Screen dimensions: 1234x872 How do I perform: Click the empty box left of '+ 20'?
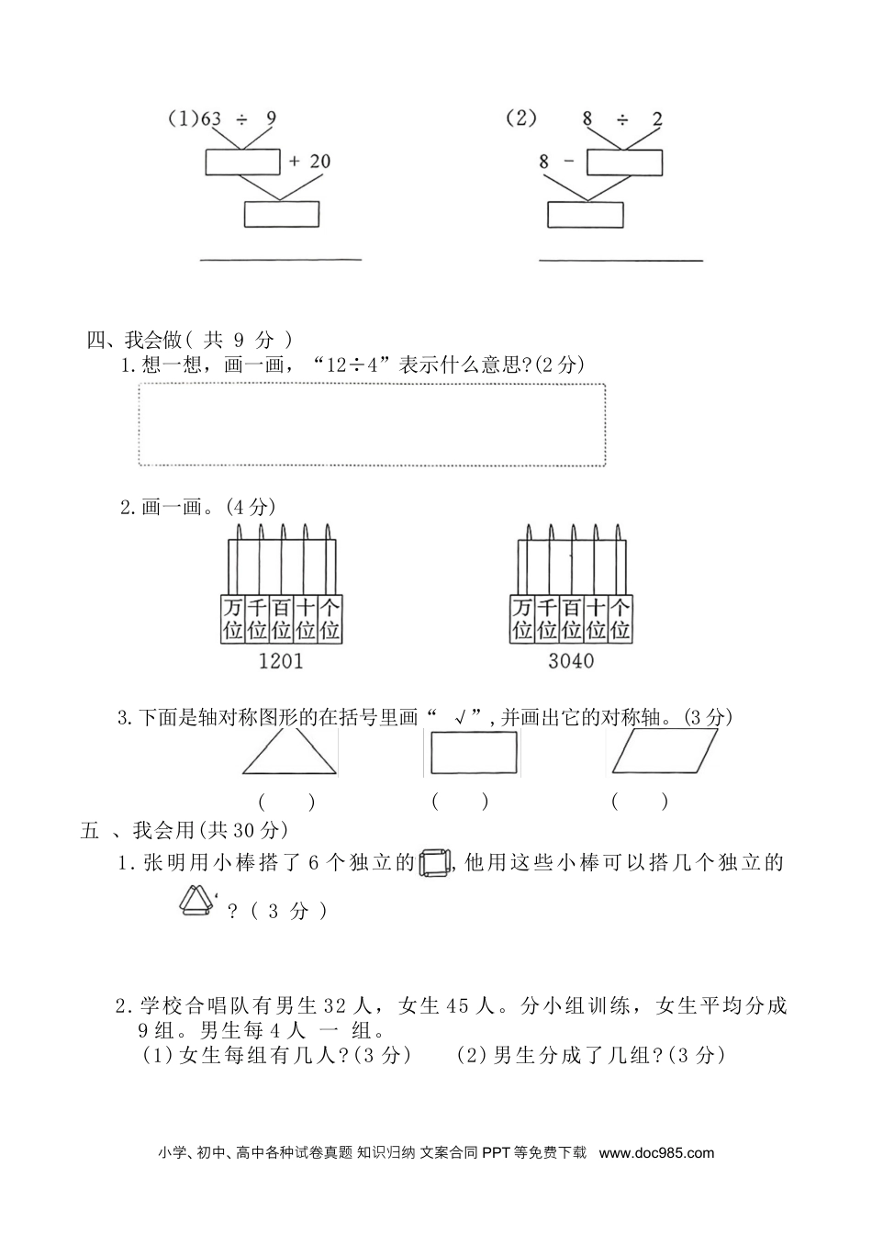pos(241,162)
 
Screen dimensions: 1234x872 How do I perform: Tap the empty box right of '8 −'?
pos(624,162)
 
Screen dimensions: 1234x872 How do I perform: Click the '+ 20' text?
pos(309,162)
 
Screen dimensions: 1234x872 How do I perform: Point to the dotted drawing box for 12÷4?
pos(372,424)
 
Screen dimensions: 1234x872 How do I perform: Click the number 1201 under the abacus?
pos(281,660)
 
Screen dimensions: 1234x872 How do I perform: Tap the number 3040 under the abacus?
pos(571,660)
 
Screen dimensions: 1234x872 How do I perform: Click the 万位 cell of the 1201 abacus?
pos(232,619)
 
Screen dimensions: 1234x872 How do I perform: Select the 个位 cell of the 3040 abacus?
pos(620,619)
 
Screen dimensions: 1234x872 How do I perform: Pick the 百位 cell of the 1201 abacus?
pos(281,619)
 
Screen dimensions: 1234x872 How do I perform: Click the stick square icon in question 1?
pos(434,863)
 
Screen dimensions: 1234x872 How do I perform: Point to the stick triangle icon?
pos(196,902)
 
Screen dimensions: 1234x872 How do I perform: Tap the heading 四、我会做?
pos(133,340)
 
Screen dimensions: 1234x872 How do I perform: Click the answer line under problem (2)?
pos(620,261)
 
